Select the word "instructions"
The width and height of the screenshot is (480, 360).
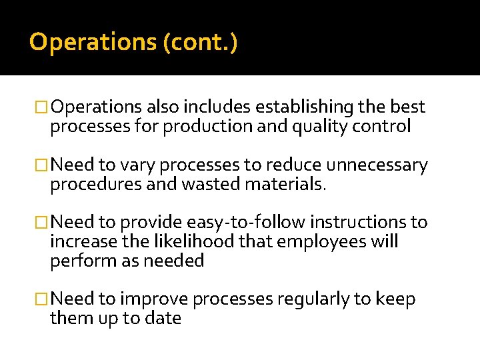pos(364,222)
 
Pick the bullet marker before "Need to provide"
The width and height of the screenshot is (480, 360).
pos(42,223)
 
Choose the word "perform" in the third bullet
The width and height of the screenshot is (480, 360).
pos(79,261)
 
